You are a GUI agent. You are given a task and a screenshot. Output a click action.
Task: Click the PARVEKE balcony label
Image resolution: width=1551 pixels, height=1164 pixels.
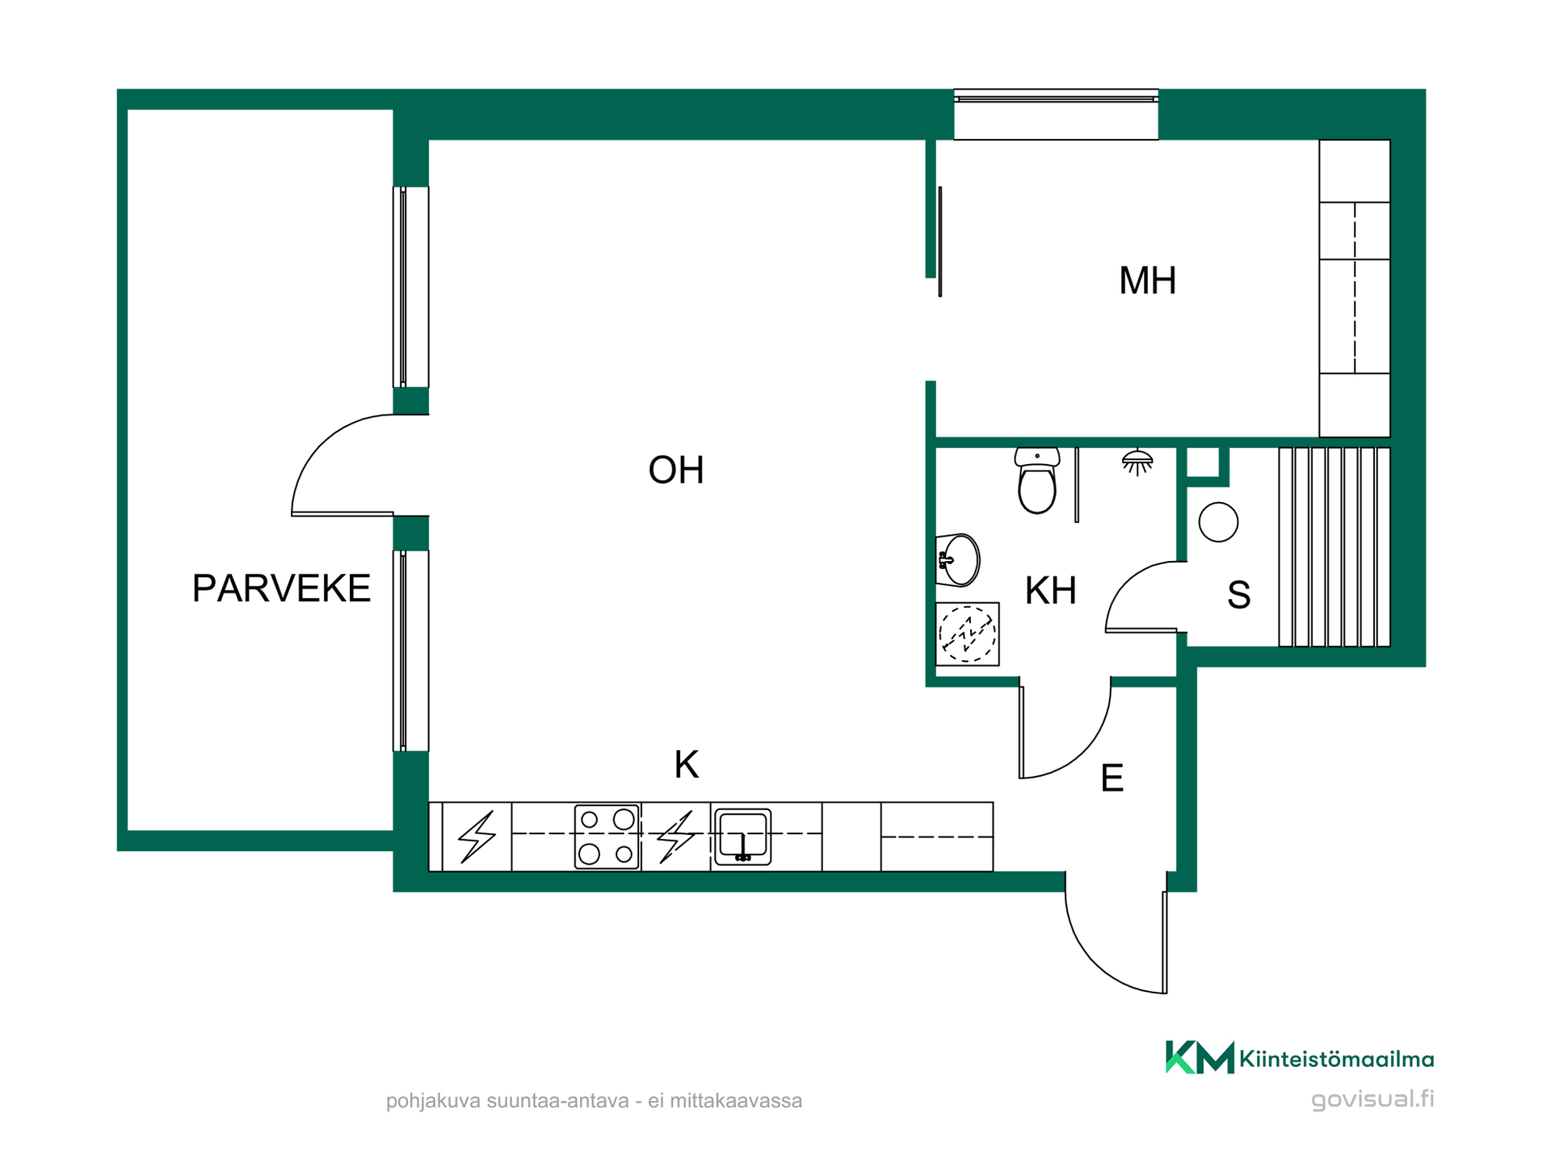coord(281,588)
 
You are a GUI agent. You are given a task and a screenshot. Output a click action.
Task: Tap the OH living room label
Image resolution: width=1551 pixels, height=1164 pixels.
coord(676,470)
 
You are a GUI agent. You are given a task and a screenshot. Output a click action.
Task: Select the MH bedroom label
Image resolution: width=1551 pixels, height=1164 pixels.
coord(1147,281)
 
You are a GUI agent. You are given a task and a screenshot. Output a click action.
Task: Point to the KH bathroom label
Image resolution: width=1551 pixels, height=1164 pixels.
coord(1050,591)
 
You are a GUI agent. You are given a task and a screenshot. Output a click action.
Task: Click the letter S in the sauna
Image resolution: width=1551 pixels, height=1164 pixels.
coord(1239,595)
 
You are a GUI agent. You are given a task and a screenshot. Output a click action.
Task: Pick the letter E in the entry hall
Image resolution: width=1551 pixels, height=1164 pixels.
coord(1112,778)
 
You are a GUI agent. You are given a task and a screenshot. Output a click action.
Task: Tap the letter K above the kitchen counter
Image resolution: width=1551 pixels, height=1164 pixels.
coord(687,765)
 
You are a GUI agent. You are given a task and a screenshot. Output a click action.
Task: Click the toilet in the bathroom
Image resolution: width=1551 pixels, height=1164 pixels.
coord(1037,480)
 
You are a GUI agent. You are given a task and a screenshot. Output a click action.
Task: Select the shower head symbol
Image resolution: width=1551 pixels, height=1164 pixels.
coord(1137,462)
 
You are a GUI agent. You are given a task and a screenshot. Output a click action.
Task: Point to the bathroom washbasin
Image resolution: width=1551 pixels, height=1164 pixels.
coord(958,559)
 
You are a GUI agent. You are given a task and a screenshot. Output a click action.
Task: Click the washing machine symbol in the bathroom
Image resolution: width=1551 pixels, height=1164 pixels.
coord(967,634)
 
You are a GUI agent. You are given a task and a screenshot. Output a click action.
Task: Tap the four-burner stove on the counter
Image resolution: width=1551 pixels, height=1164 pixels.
coord(607,837)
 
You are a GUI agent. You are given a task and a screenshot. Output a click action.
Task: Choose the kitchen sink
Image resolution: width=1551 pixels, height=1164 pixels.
coord(742,837)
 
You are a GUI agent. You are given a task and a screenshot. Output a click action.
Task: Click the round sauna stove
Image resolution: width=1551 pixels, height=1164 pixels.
coord(1218,522)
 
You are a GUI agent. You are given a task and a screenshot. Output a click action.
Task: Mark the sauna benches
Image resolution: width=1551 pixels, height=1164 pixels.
coord(1334,547)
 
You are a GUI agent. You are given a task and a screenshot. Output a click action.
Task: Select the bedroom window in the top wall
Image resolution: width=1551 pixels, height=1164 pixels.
coord(1056,114)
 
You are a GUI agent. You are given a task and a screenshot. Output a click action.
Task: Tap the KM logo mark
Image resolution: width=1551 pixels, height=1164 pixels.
coord(1200,1057)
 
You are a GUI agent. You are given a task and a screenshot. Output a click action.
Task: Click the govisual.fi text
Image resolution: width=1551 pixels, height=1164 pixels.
coord(1372,1099)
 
